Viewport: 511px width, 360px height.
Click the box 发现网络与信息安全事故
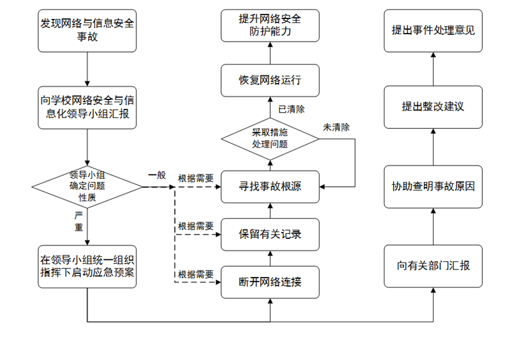pyautogui.click(x=87, y=30)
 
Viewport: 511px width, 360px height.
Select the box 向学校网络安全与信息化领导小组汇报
pyautogui.click(x=87, y=108)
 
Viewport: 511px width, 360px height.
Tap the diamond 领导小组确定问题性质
pyautogui.click(x=87, y=187)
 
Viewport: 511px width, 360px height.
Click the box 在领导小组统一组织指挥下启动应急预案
pyautogui.click(x=87, y=266)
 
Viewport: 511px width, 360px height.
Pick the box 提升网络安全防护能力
pyautogui.click(x=270, y=25)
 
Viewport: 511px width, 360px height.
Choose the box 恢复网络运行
pyautogui.click(x=270, y=80)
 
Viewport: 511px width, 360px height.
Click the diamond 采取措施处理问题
pyautogui.click(x=270, y=139)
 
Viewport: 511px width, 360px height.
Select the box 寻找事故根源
pyautogui.click(x=270, y=187)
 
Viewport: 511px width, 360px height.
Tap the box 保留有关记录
pyautogui.click(x=270, y=235)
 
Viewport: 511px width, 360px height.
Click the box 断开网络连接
pyautogui.click(x=270, y=282)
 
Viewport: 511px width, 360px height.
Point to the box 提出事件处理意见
pyautogui.click(x=433, y=30)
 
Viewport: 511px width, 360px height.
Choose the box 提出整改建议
pyautogui.click(x=433, y=107)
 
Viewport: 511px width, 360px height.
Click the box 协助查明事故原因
pyautogui.click(x=433, y=187)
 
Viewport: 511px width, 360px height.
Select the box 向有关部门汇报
pyautogui.click(x=433, y=266)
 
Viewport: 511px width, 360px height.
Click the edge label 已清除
pyautogui.click(x=292, y=109)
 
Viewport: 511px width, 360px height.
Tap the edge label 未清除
pyautogui.click(x=336, y=127)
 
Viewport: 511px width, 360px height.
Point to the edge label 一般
pyautogui.click(x=157, y=175)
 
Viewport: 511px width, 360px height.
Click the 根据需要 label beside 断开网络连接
pyautogui.click(x=195, y=274)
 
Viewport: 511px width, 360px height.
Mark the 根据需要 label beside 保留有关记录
pyautogui.click(x=195, y=226)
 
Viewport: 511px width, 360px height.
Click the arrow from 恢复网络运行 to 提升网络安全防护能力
pyautogui.click(x=270, y=53)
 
